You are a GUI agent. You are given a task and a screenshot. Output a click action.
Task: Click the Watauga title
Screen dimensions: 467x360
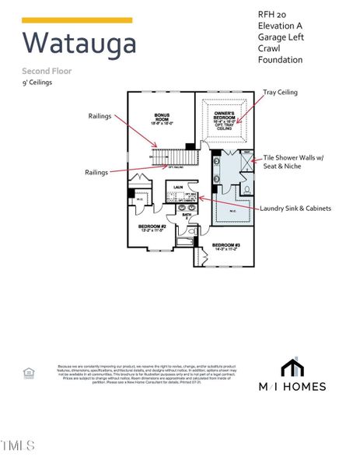[x=79, y=43]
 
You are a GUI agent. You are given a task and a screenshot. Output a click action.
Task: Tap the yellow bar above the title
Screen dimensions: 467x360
[x=77, y=20]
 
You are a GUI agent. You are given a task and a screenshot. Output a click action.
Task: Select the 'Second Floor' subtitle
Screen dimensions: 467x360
[x=47, y=71]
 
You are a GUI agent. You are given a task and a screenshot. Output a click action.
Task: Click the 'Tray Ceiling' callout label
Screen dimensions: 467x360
[x=280, y=92]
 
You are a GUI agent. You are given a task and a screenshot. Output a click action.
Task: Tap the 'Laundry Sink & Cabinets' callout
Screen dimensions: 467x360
[x=296, y=209]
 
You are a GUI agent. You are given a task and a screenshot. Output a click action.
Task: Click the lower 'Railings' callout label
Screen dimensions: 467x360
[x=97, y=172]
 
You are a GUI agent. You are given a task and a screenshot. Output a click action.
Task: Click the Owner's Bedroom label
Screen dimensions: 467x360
[x=225, y=118]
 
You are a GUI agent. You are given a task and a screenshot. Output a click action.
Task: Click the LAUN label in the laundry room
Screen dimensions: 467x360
[x=178, y=187]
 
